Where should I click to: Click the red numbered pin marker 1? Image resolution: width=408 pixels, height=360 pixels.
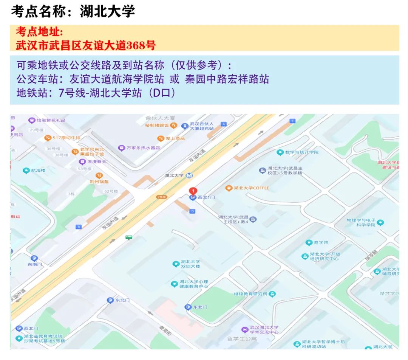(x=193, y=191)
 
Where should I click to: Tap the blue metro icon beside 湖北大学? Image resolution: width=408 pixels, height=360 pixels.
(x=189, y=175)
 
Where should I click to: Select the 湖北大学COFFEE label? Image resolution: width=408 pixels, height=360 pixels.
(x=251, y=188)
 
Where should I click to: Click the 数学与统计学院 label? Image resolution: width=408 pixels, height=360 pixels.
(x=302, y=152)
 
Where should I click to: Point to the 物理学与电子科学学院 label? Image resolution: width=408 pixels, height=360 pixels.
(x=361, y=222)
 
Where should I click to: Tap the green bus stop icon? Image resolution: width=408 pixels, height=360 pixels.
(x=129, y=237)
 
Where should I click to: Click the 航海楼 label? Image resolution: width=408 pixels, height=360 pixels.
(x=38, y=171)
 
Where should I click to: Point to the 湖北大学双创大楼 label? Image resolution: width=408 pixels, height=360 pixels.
(x=190, y=264)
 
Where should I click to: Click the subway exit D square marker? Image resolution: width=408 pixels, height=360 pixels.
(x=192, y=211)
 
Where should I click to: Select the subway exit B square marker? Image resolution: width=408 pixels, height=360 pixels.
(x=79, y=227)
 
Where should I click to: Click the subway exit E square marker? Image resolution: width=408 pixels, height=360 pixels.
(x=292, y=121)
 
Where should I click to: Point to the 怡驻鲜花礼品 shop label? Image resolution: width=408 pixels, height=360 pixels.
(x=51, y=120)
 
